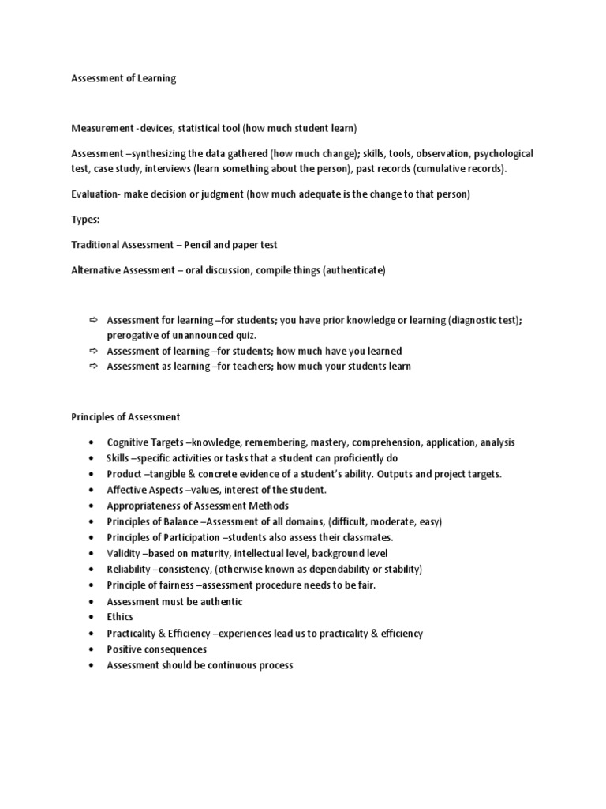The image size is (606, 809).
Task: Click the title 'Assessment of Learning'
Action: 124,78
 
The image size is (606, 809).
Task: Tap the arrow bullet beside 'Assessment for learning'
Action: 92,319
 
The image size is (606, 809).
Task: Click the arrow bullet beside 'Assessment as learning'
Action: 92,367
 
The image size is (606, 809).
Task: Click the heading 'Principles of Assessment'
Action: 125,416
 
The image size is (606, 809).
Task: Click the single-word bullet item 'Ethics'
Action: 120,617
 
